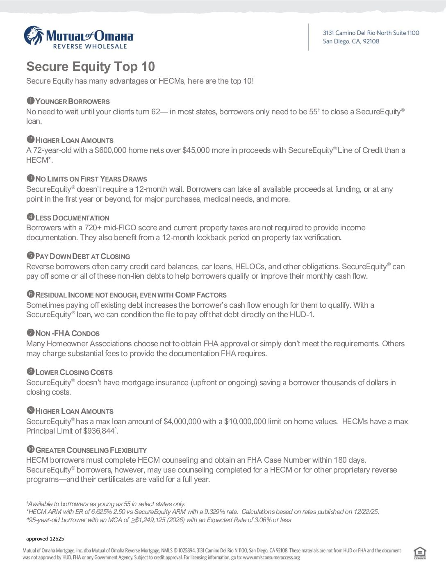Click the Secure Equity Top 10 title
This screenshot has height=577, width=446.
pos(91,66)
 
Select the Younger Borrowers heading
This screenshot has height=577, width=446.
pos(72,102)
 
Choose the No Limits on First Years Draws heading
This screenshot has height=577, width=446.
pos(91,179)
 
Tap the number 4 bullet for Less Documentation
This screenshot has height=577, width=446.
pos(30,217)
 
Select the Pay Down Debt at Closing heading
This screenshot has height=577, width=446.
pos(82,257)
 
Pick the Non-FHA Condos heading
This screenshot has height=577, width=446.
pos(67,334)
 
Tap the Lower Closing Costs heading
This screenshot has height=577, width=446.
pos(74,373)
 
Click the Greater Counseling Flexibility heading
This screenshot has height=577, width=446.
pos(91,450)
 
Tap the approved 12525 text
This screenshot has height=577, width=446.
pos(45,538)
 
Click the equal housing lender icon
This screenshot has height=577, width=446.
pos(420,553)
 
